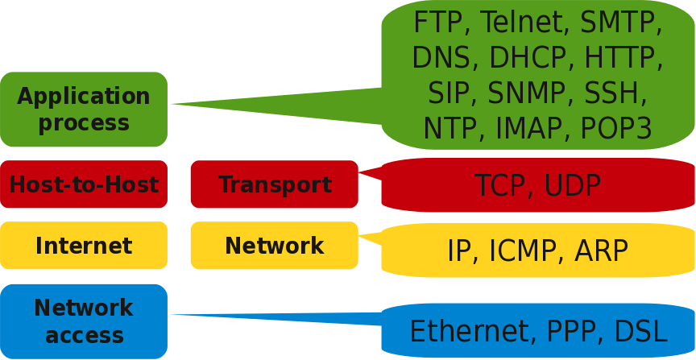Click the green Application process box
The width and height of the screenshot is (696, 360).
(84, 110)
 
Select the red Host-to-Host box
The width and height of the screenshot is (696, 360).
(84, 184)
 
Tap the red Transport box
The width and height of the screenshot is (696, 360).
(275, 184)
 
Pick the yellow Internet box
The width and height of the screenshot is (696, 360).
(84, 246)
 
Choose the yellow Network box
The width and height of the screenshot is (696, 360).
(275, 246)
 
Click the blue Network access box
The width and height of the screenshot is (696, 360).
(84, 321)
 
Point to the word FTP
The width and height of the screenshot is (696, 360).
(439, 23)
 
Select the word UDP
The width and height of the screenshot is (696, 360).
(572, 186)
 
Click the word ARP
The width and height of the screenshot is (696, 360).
(601, 251)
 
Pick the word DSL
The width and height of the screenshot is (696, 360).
(640, 332)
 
